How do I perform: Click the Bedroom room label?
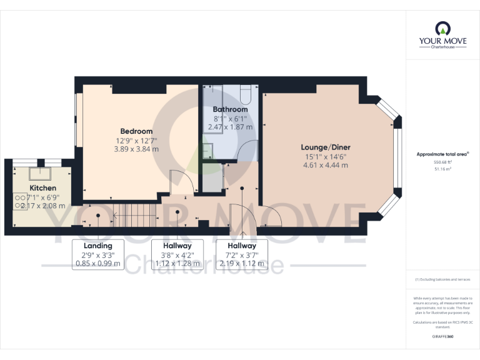click(x=136, y=131)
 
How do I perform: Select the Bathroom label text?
click(x=230, y=109)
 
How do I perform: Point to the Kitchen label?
click(x=42, y=188)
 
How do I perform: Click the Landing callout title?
click(x=97, y=246)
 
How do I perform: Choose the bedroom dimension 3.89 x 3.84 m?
click(x=136, y=149)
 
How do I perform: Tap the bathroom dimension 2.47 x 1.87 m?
click(x=230, y=127)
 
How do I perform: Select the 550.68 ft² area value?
click(x=442, y=161)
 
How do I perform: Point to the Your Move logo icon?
click(x=442, y=28)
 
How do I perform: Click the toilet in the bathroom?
click(x=244, y=95)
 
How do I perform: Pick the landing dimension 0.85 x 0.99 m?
click(x=97, y=263)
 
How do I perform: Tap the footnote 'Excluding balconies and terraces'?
click(x=442, y=279)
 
